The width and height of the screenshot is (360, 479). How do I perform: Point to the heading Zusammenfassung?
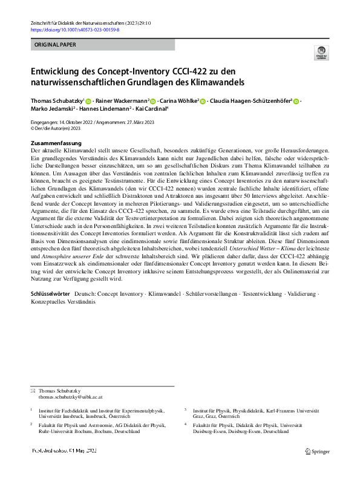56,143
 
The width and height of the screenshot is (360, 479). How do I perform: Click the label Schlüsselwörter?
52,292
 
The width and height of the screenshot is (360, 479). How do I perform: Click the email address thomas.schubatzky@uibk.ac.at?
71,397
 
